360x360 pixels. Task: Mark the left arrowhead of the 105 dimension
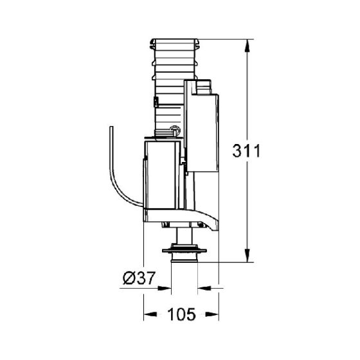pos(147,316)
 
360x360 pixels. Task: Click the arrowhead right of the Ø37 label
pos(166,287)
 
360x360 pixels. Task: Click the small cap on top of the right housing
pos(205,84)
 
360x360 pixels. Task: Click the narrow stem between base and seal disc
pos(184,235)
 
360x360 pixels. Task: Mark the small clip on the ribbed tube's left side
pos(156,102)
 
